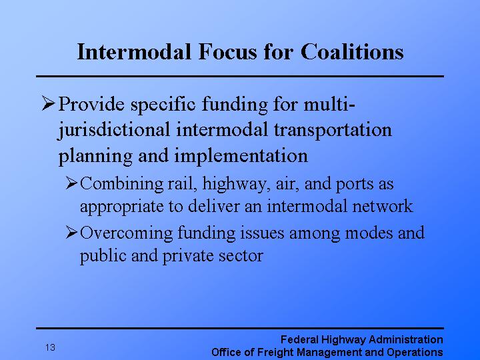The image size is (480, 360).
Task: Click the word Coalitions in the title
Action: click(x=352, y=51)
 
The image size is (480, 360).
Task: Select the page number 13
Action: click(x=51, y=347)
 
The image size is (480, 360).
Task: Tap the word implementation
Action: click(x=241, y=156)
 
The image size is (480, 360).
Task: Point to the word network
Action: click(x=383, y=205)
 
